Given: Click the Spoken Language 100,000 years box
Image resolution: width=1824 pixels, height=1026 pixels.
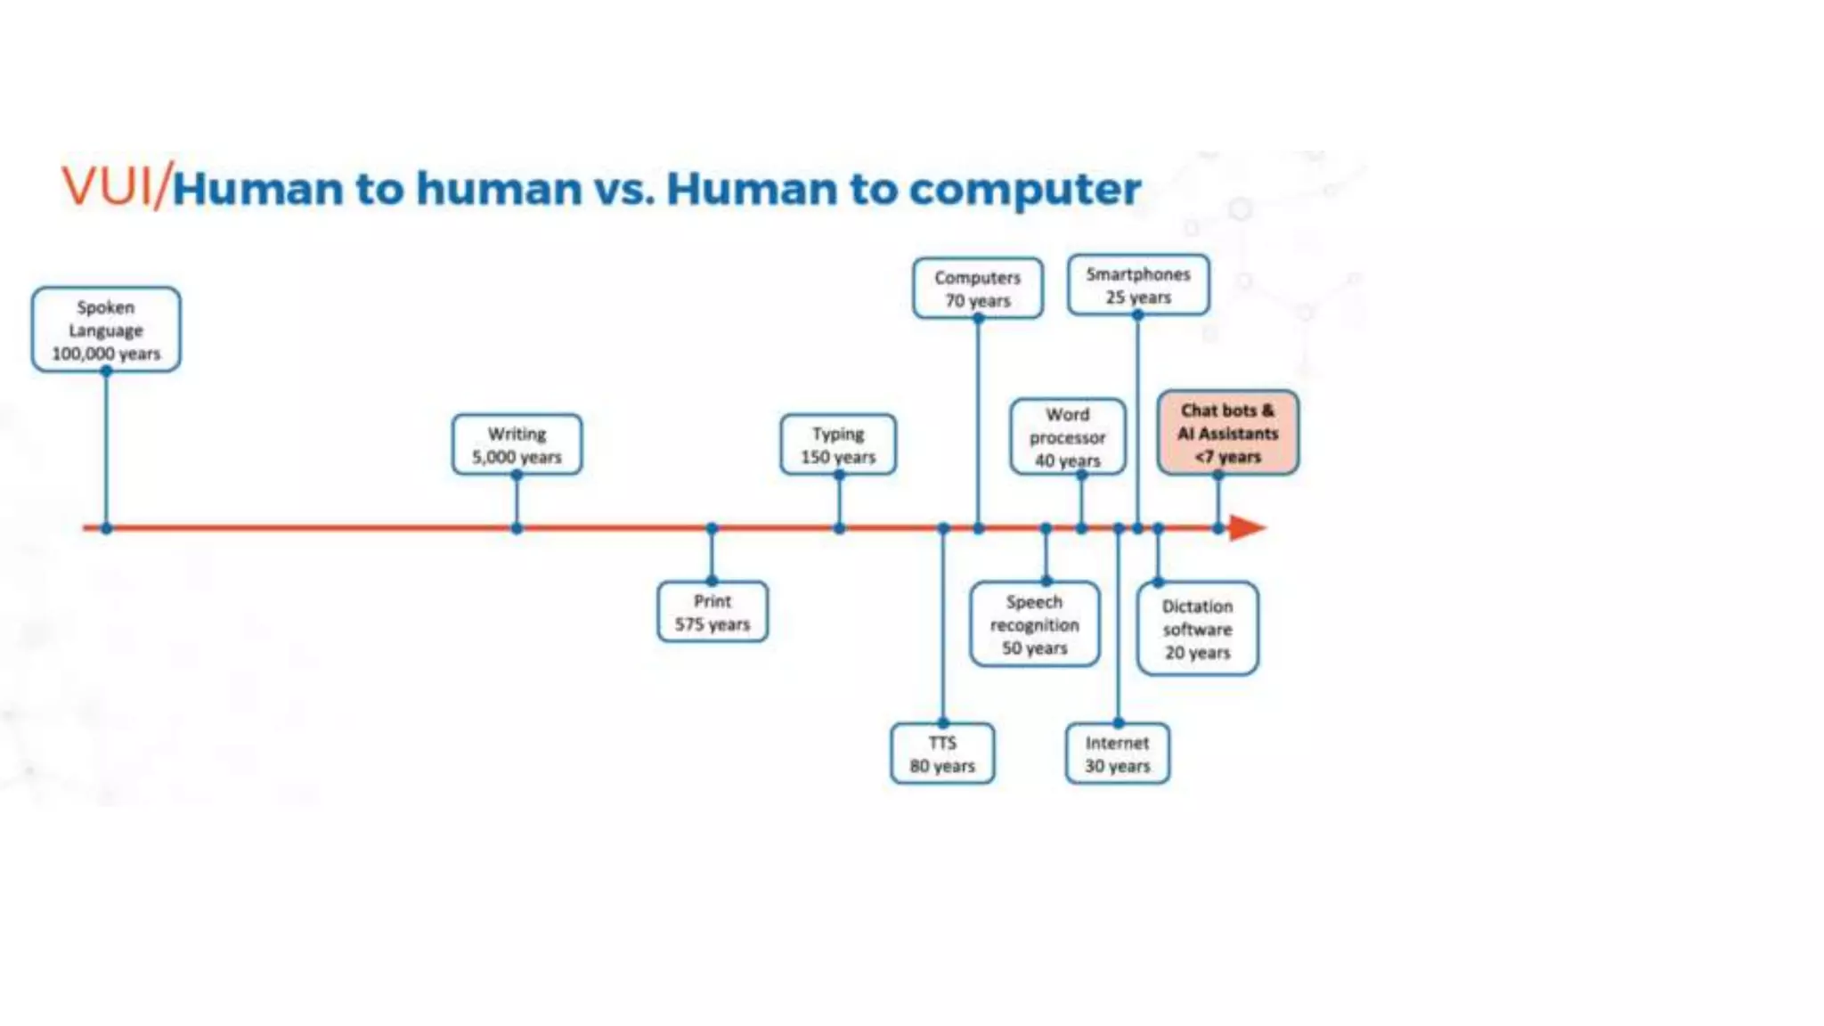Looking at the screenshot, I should point(106,330).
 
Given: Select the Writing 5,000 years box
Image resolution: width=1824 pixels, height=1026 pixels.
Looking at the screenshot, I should point(517,444).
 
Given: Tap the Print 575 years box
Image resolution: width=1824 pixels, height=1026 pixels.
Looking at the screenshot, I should point(712,612).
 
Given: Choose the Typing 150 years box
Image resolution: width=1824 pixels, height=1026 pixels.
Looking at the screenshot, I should point(838,444).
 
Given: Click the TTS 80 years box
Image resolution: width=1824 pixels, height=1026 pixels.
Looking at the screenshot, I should point(942,753).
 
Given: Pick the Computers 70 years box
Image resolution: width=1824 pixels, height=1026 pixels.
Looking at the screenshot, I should point(978,289).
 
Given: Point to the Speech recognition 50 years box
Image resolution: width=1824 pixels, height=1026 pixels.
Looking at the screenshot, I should point(1034,624).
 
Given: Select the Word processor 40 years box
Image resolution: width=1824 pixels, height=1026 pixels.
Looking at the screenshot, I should point(1068,436).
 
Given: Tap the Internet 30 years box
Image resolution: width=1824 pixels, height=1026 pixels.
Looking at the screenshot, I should point(1118,753).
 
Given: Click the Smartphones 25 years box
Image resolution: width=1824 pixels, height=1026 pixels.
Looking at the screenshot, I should point(1138,285).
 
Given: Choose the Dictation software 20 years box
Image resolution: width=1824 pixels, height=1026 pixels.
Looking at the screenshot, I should point(1198,629).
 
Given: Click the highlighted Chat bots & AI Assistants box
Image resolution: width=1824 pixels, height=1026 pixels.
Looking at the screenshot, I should point(1228,433).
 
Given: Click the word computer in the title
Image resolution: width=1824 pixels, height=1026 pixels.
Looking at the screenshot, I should point(1024,189).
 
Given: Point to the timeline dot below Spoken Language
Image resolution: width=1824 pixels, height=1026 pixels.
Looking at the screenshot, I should point(106,528).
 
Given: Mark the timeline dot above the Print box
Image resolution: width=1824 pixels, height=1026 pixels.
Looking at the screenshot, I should point(712,528).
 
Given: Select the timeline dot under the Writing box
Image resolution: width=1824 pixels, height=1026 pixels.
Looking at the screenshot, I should point(517,528).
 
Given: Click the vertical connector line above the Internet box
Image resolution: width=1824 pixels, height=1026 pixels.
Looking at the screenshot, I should point(1119,623).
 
